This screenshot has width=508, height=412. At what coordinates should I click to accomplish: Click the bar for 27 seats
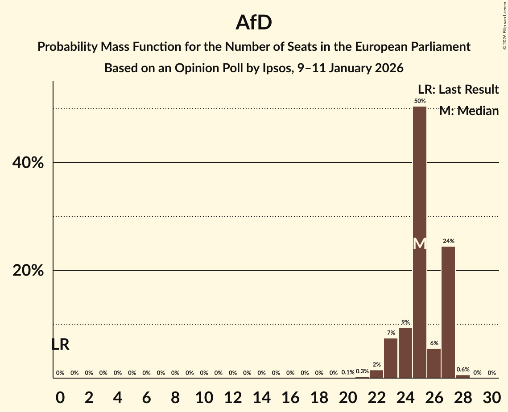[x=448, y=312]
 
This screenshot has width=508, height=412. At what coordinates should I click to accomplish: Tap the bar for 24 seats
[x=405, y=353]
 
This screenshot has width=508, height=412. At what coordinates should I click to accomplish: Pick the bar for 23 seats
[x=391, y=358]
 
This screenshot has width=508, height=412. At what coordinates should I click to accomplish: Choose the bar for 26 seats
[x=434, y=363]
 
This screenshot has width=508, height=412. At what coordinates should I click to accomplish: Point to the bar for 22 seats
[x=376, y=374]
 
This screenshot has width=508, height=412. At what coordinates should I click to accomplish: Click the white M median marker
[x=419, y=243]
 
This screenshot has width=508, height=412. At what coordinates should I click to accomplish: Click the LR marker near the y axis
[x=60, y=344]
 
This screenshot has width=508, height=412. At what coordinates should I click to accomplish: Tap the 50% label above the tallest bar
[x=419, y=101]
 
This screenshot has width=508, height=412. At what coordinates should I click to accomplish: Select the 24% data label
[x=448, y=241]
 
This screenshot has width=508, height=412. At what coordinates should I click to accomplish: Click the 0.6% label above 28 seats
[x=463, y=369]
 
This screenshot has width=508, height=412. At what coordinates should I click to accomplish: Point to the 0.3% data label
[x=362, y=371]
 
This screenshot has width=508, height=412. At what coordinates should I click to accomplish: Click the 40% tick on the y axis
[x=28, y=163]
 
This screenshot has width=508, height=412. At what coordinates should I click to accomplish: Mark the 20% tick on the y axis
[x=28, y=271]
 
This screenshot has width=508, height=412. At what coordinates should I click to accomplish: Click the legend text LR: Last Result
[x=458, y=90]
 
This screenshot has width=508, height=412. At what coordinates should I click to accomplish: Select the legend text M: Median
[x=469, y=111]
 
